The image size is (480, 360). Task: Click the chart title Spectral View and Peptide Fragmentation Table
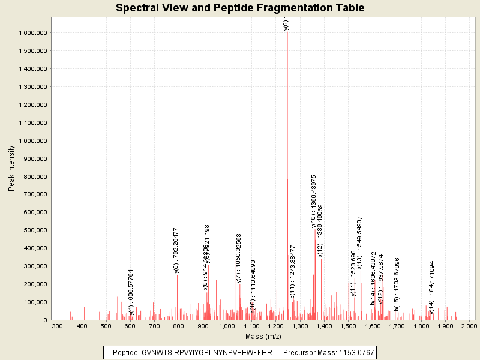(x=239, y=8)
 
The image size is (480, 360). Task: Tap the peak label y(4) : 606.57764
(x=131, y=292)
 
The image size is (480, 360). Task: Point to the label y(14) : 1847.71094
(x=432, y=287)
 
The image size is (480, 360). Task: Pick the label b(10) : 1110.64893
(x=253, y=286)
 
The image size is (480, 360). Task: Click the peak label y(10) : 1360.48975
(x=314, y=201)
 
